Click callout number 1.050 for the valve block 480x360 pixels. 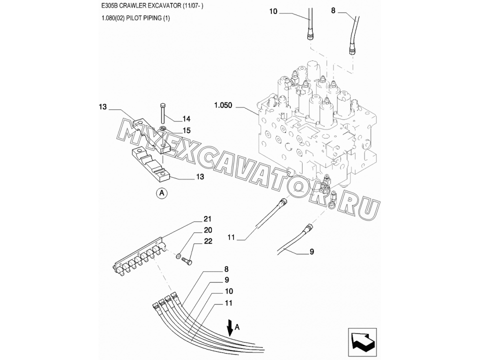pos(223,105)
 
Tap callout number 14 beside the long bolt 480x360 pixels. pos(186,119)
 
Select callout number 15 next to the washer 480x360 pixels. pos(186,130)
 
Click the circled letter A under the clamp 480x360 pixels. pos(162,193)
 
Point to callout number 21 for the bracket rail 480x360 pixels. pos(208,219)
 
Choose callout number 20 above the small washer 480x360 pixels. pos(208,230)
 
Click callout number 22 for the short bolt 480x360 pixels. pos(208,241)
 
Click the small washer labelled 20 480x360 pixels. pos(178,256)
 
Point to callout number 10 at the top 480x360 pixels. pos(273,11)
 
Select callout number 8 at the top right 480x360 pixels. pos(333,10)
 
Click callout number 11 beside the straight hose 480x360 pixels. pos(231,237)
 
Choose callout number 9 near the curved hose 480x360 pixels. pos(312,252)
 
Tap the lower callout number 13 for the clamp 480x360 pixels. pos(200,177)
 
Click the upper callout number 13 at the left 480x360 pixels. pos(103,107)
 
